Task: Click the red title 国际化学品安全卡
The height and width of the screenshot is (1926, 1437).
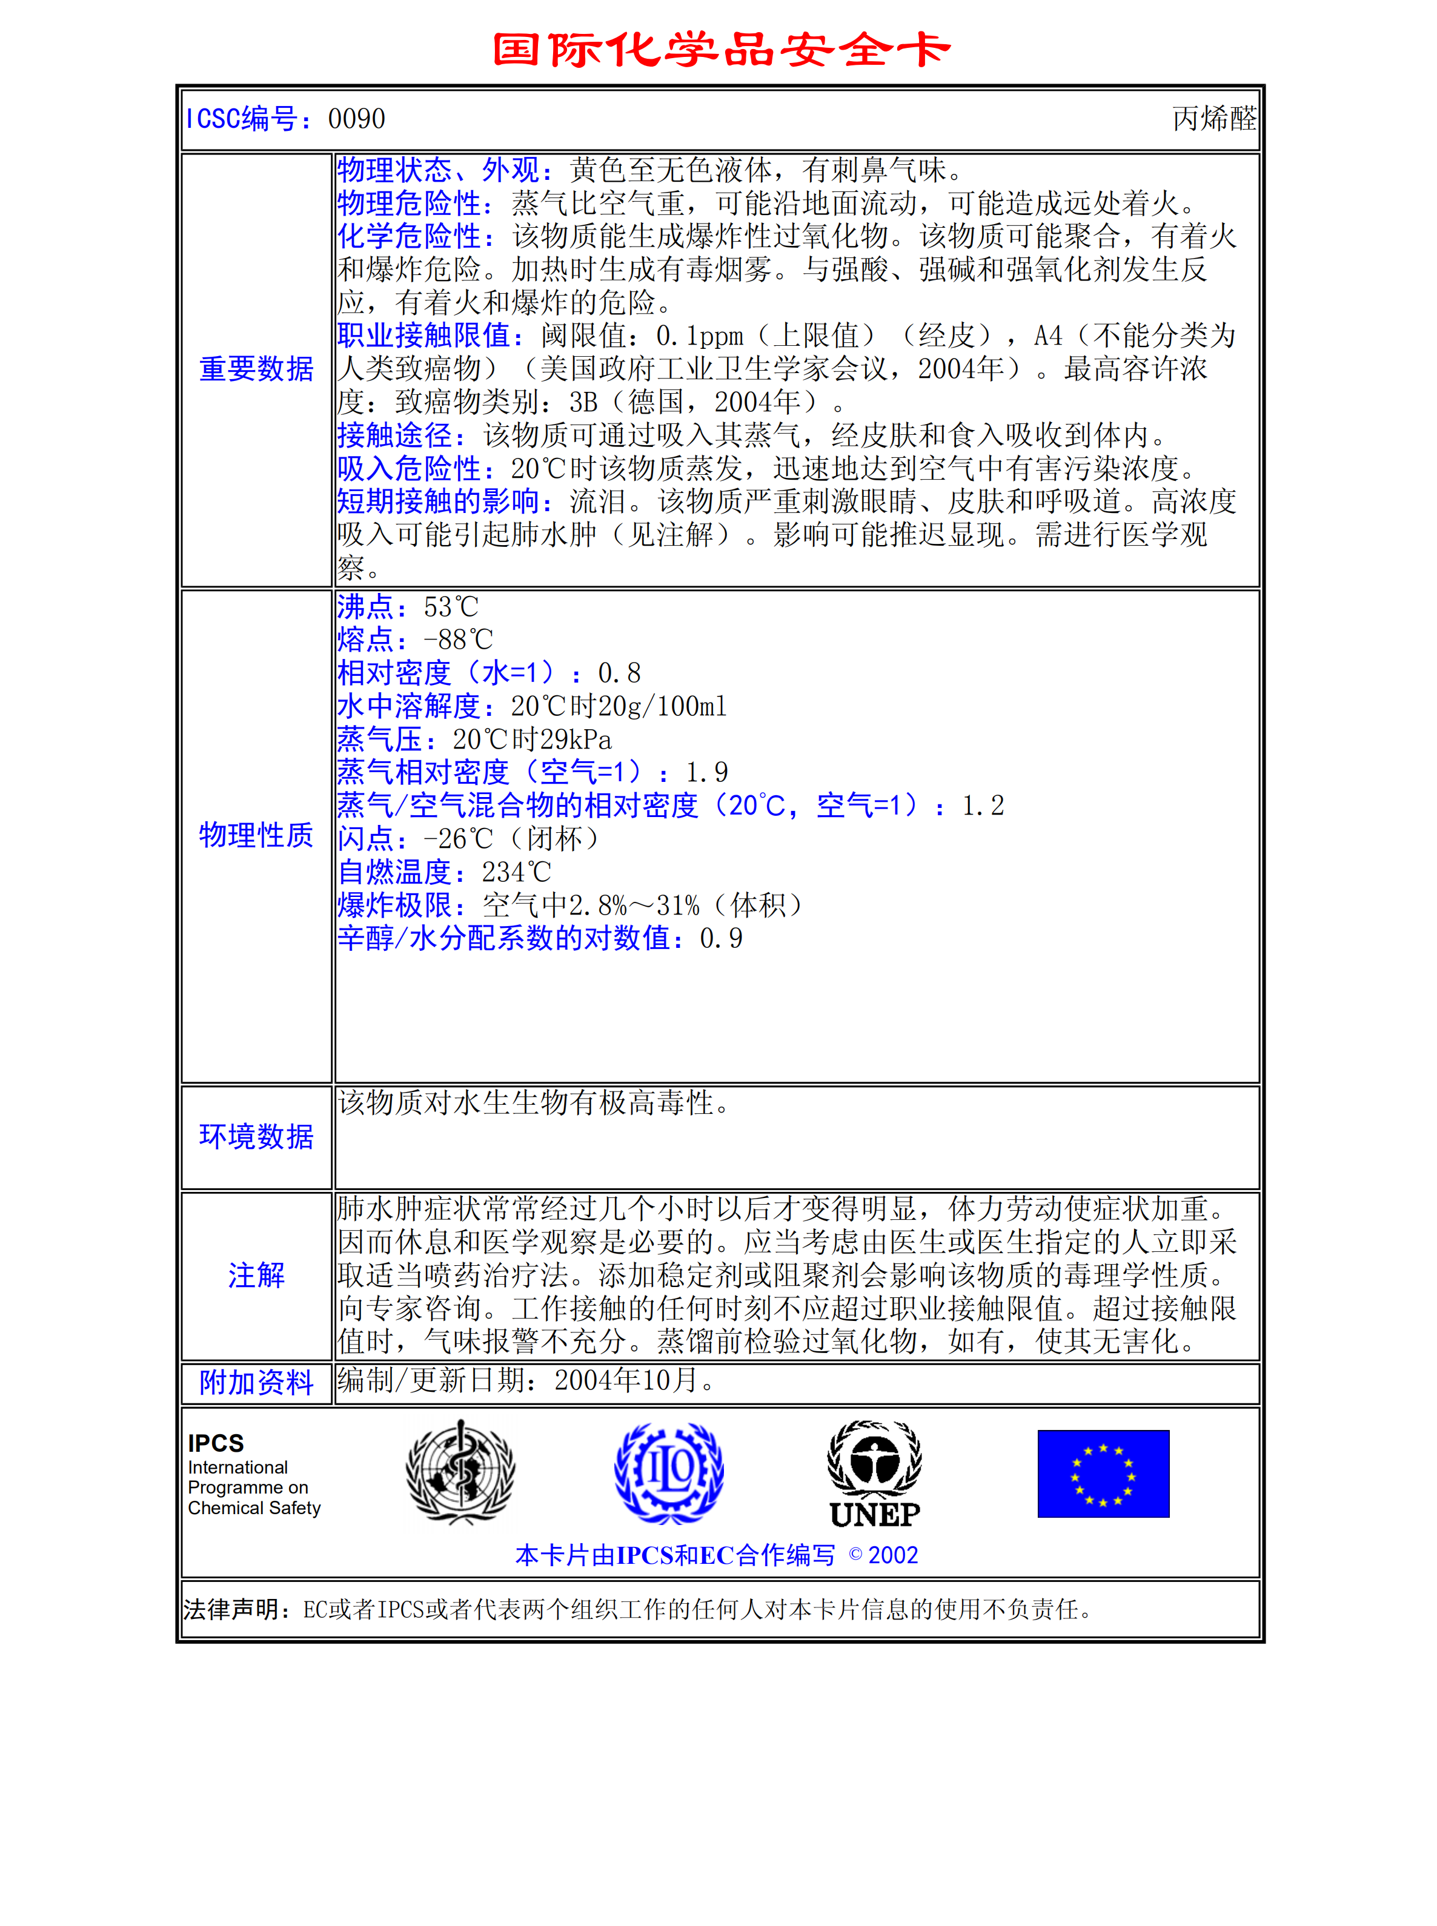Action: (x=720, y=50)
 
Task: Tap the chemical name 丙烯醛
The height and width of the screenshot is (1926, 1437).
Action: (x=1213, y=119)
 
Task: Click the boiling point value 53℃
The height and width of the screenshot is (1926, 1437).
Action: (x=451, y=607)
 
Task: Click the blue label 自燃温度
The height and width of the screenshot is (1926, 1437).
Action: (x=396, y=872)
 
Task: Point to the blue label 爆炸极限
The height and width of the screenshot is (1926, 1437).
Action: (x=396, y=905)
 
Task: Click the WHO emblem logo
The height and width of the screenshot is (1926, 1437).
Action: (x=460, y=1472)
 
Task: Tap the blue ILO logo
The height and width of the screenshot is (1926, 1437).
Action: (x=668, y=1472)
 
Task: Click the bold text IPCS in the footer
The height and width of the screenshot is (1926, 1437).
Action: (x=216, y=1443)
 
